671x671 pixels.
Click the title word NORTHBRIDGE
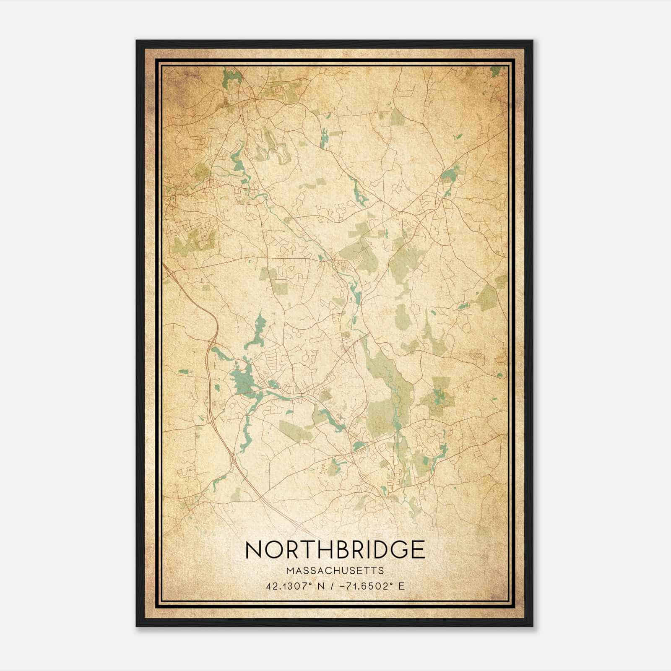(x=335, y=550)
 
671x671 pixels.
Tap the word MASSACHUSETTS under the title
(x=335, y=571)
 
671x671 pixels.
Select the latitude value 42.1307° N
(x=293, y=586)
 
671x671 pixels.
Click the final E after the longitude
(x=402, y=586)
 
